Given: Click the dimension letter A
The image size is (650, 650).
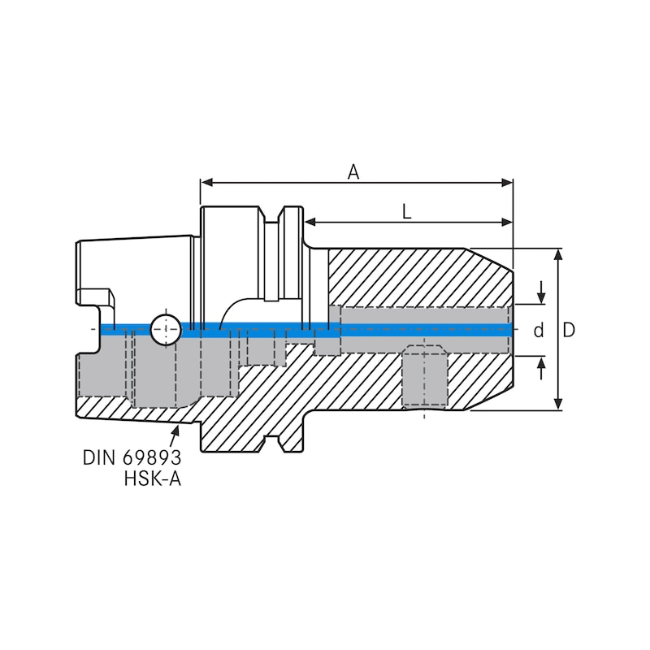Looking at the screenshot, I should (353, 171).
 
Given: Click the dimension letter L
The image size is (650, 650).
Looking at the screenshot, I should (407, 211).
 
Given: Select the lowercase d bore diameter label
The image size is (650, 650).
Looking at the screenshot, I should (538, 331).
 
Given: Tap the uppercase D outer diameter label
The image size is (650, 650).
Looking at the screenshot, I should (569, 331).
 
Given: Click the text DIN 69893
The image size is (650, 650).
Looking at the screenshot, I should (132, 457).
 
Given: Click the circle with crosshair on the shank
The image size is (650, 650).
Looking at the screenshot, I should (165, 329).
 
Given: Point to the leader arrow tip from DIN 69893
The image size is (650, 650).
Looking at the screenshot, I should (178, 425).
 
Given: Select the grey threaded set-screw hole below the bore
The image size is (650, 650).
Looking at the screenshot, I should (425, 378).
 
